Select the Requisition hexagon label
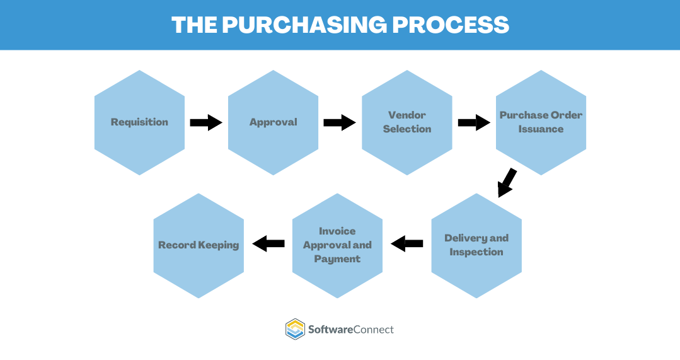click(139, 122)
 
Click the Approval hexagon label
click(273, 122)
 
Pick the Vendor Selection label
click(407, 122)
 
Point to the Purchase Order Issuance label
click(541, 122)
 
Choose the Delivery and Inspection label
click(476, 245)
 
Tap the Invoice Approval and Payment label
click(337, 245)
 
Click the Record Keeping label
click(199, 245)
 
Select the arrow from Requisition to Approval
click(206, 122)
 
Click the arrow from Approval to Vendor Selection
click(340, 122)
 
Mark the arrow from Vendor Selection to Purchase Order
click(474, 122)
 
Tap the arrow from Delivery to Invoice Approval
click(407, 243)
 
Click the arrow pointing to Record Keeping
click(268, 243)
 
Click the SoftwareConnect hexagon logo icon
click(295, 329)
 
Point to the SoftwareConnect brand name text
click(350, 329)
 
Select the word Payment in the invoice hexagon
click(337, 259)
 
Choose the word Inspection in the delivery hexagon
click(476, 252)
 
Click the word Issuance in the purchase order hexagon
click(541, 129)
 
